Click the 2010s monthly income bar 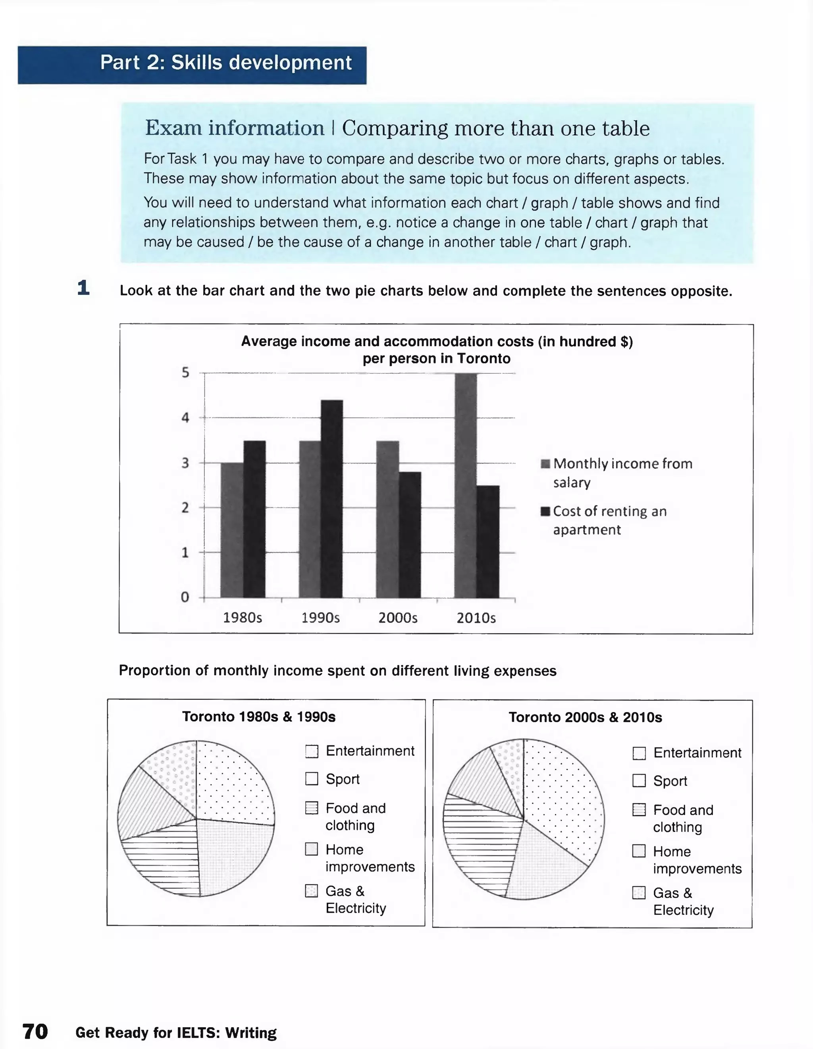[x=465, y=485]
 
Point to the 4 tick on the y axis [x=185, y=418]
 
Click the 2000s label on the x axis [x=397, y=618]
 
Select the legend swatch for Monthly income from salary [x=545, y=464]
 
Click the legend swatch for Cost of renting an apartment [x=545, y=511]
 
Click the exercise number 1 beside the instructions [x=84, y=288]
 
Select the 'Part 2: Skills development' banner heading [x=226, y=63]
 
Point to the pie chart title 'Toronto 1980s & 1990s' [x=258, y=717]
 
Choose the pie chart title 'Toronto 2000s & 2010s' [x=585, y=718]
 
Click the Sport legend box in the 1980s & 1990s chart [x=312, y=778]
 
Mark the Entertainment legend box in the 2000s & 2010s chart [x=639, y=753]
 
